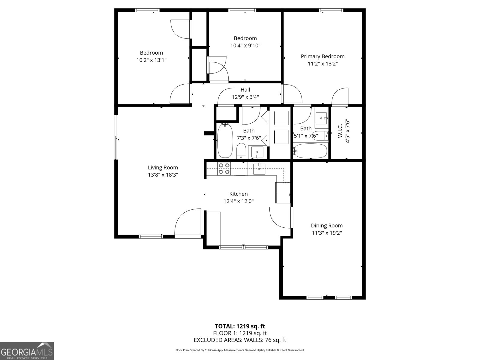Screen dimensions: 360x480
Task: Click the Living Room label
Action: click(x=163, y=168)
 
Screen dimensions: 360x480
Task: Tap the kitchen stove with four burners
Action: click(x=224, y=169)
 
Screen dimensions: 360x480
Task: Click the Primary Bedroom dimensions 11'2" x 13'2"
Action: click(x=322, y=64)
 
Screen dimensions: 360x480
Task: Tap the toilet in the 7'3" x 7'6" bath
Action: click(x=241, y=151)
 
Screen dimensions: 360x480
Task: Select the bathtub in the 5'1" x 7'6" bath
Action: click(x=310, y=151)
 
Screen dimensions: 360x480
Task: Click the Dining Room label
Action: click(x=327, y=226)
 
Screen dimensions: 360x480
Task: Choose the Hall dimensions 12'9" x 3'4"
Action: click(x=245, y=97)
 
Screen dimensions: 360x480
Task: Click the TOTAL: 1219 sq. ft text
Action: click(x=240, y=326)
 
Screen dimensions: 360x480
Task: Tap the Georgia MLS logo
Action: click(x=27, y=351)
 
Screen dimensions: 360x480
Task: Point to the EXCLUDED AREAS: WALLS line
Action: click(x=240, y=340)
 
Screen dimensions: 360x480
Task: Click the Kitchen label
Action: click(x=238, y=194)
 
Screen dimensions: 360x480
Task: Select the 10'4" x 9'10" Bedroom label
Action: click(x=245, y=38)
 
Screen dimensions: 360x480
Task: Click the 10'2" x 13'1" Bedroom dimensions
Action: click(x=151, y=60)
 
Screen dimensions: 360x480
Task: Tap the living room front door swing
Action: click(x=187, y=222)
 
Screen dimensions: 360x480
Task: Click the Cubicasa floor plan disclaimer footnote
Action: click(x=240, y=350)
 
